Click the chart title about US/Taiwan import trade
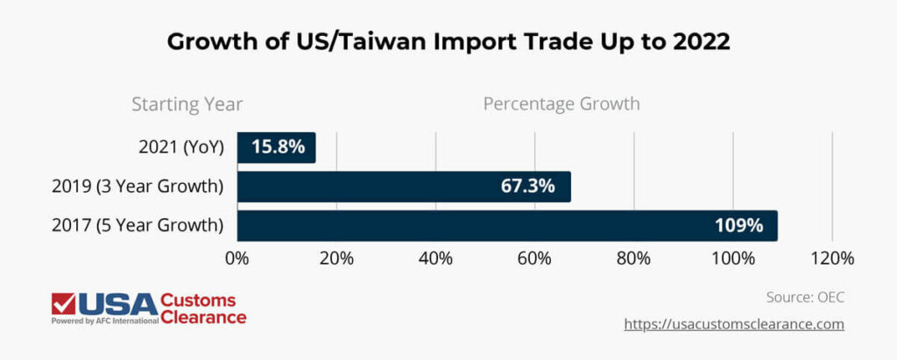(x=448, y=41)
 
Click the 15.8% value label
(x=278, y=147)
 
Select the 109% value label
(x=738, y=225)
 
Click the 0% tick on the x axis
(x=237, y=258)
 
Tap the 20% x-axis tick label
(x=336, y=258)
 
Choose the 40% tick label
(x=435, y=258)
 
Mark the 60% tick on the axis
(x=534, y=258)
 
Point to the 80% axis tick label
(x=633, y=258)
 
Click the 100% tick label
(x=733, y=258)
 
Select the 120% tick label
(x=832, y=258)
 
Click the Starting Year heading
(x=187, y=104)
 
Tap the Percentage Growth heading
(x=562, y=104)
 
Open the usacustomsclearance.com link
(x=734, y=324)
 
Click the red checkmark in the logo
(x=64, y=303)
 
